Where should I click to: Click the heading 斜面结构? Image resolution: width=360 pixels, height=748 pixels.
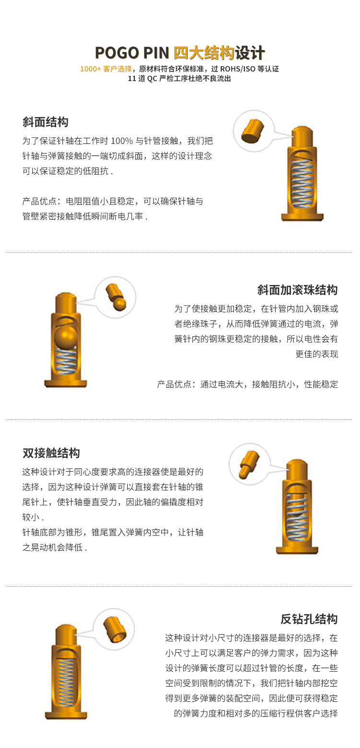coord(46,122)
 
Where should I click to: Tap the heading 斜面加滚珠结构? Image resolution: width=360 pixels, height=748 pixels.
coord(297,290)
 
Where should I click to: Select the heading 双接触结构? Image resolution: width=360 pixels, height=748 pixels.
coord(51,453)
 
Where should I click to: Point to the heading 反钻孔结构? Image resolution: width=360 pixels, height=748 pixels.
coord(309,619)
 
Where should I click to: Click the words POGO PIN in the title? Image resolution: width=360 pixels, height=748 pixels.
coord(132,53)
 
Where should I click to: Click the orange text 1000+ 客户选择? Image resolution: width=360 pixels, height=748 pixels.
coord(106,69)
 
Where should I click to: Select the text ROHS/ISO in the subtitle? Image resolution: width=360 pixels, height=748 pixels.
coord(238,69)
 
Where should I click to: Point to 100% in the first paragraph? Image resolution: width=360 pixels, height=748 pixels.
coord(122,141)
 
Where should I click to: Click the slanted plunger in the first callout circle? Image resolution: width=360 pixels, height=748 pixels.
coord(253,131)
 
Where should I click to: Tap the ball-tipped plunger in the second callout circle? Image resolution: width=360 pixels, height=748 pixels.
coord(116,297)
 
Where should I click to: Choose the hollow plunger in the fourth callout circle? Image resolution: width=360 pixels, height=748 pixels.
coord(115,630)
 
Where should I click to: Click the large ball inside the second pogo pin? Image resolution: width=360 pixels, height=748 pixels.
coord(66,337)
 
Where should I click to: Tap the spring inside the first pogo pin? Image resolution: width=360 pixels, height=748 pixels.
coord(302,183)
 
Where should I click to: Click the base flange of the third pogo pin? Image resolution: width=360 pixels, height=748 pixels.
coord(297,549)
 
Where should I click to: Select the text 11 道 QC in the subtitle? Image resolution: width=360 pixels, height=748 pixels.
coord(143,79)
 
